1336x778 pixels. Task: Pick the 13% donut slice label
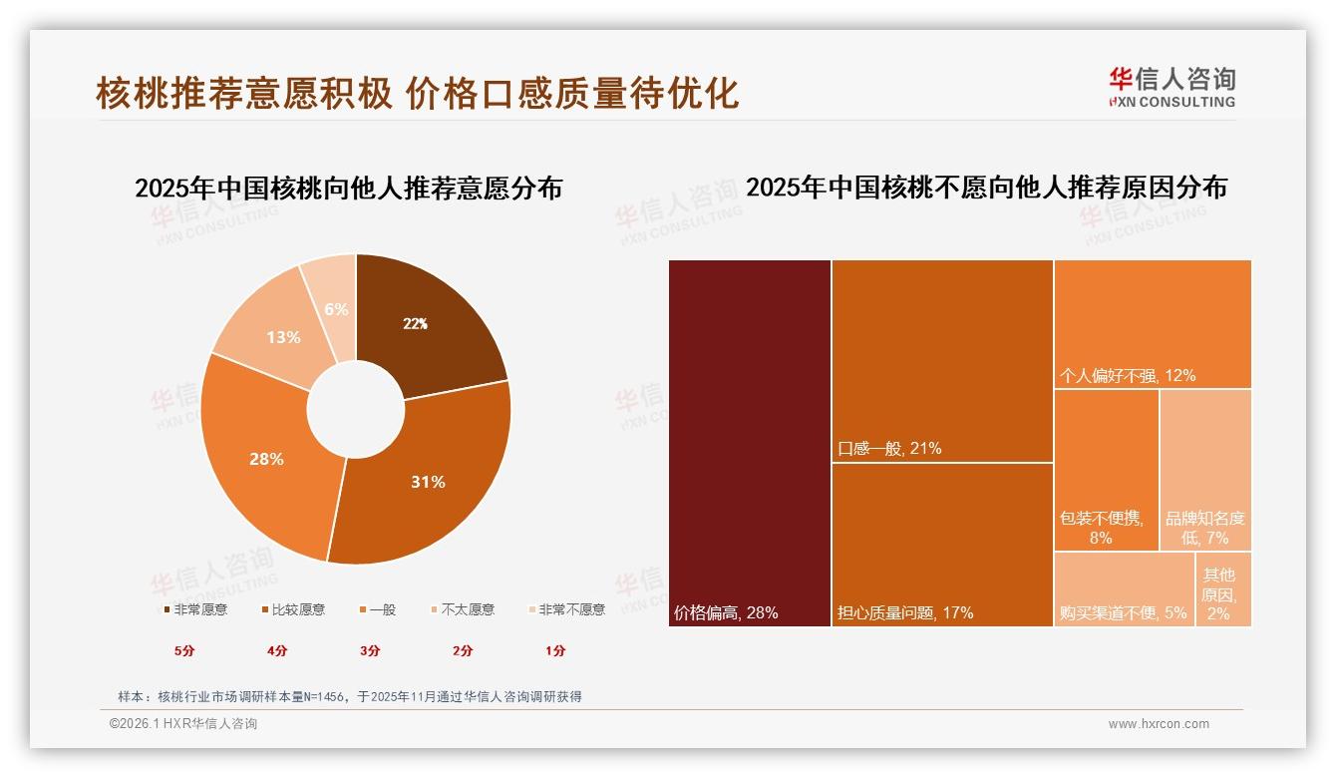click(x=283, y=337)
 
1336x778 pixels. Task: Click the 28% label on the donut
click(x=266, y=459)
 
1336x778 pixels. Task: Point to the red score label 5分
click(x=184, y=650)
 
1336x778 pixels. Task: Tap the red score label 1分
click(x=555, y=650)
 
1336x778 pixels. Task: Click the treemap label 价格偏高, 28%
click(x=726, y=612)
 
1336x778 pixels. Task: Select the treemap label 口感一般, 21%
click(x=889, y=449)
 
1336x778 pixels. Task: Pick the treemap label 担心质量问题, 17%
click(x=905, y=612)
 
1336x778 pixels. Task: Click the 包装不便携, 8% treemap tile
click(x=1106, y=469)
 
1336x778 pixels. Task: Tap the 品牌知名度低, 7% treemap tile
click(x=1205, y=469)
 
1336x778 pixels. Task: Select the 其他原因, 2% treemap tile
click(x=1222, y=588)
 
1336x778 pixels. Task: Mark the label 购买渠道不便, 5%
click(x=1124, y=612)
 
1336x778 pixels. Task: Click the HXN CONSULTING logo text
click(x=1172, y=102)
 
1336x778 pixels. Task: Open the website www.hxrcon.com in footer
click(x=1159, y=724)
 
